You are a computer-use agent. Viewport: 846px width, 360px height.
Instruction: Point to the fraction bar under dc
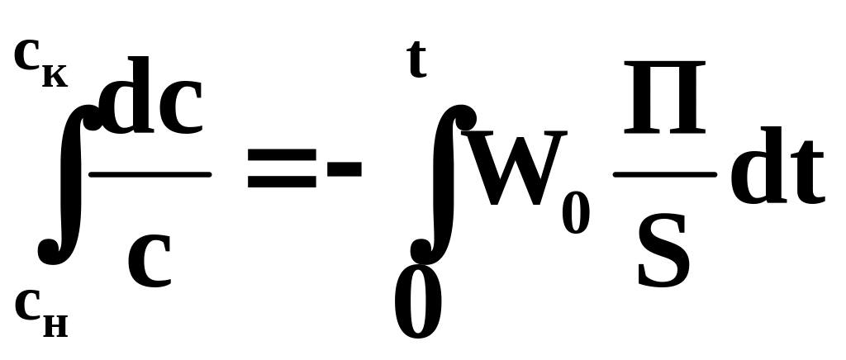click(150, 173)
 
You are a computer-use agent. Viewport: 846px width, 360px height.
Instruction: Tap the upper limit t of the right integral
click(417, 61)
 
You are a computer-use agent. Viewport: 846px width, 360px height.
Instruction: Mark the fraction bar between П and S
click(665, 174)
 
